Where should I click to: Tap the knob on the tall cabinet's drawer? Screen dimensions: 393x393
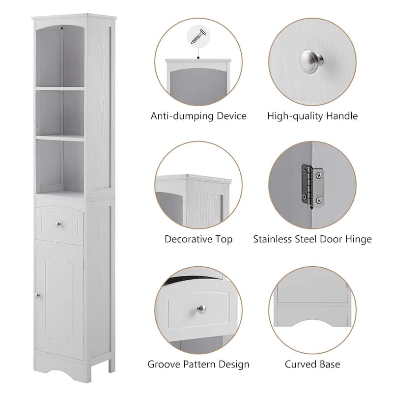point(59,225)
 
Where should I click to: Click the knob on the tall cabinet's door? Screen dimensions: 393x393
point(37,295)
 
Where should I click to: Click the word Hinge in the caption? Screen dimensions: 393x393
point(357,240)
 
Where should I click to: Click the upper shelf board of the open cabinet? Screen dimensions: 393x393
point(60,88)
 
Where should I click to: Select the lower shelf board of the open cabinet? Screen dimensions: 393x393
point(60,138)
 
